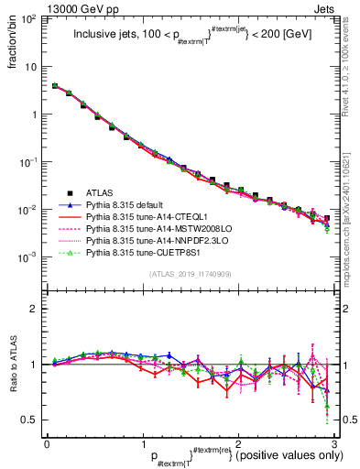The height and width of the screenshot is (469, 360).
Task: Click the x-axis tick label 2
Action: pyautogui.click(x=237, y=443)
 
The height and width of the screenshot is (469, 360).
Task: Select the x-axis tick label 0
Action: pyautogui.click(x=47, y=443)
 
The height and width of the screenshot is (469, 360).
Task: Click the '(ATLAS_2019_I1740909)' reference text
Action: pyautogui.click(x=191, y=275)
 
